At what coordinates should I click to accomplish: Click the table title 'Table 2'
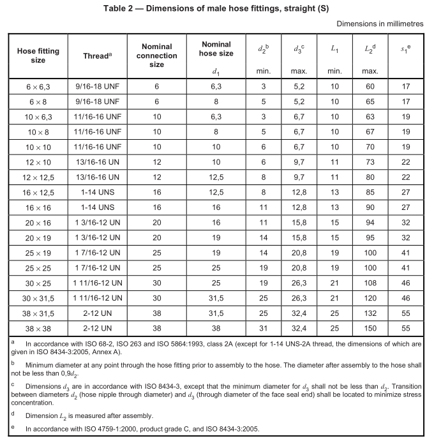[216, 8]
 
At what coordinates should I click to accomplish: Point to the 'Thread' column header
[96, 56]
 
